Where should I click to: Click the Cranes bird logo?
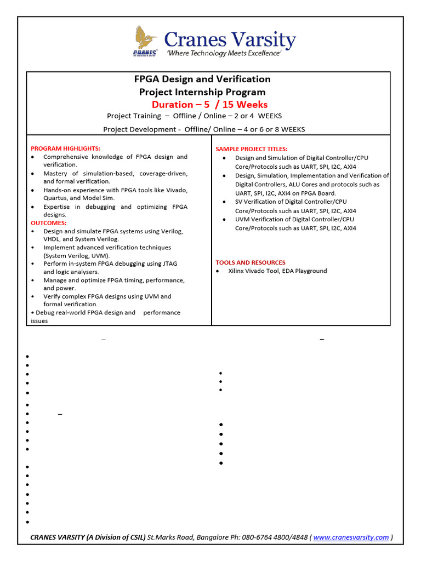point(145,39)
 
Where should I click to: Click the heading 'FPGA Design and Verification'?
point(203,79)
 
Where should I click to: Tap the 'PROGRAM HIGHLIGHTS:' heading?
point(65,148)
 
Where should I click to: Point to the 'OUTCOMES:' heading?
point(49,223)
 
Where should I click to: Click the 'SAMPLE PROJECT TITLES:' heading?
point(251,149)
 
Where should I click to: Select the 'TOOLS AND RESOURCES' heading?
point(250,262)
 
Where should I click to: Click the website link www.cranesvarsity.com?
point(351,537)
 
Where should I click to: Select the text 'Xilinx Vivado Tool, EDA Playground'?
point(277,271)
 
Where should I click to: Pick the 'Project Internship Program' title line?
point(202,92)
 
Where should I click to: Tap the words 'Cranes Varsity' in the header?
point(230,39)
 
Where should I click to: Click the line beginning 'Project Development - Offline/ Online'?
point(204,129)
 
